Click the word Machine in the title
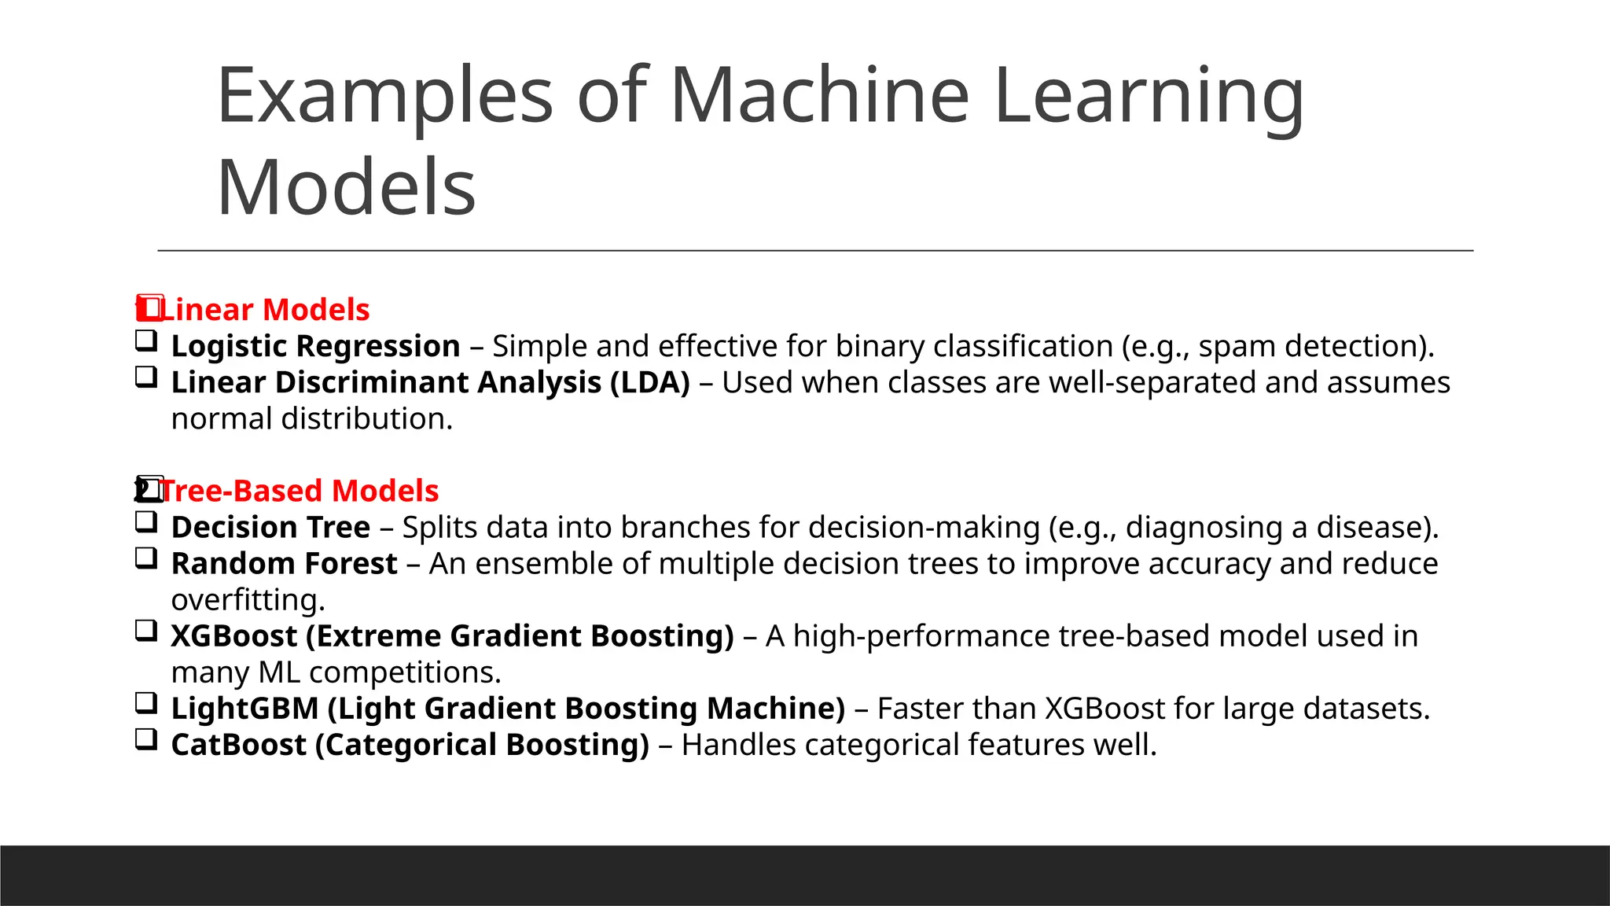point(819,96)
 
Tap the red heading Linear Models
point(264,310)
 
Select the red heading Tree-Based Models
point(299,491)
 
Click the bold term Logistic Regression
point(315,346)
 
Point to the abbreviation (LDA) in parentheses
point(649,382)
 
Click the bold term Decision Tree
point(270,527)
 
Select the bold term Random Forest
point(284,563)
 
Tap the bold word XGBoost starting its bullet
point(233,635)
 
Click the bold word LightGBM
point(244,708)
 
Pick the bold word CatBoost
point(238,744)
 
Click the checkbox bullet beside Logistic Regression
point(146,341)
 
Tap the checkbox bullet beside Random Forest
point(146,558)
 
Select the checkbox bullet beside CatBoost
point(146,739)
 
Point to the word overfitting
point(247,600)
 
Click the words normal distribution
point(311,418)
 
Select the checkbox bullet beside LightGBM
point(146,703)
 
